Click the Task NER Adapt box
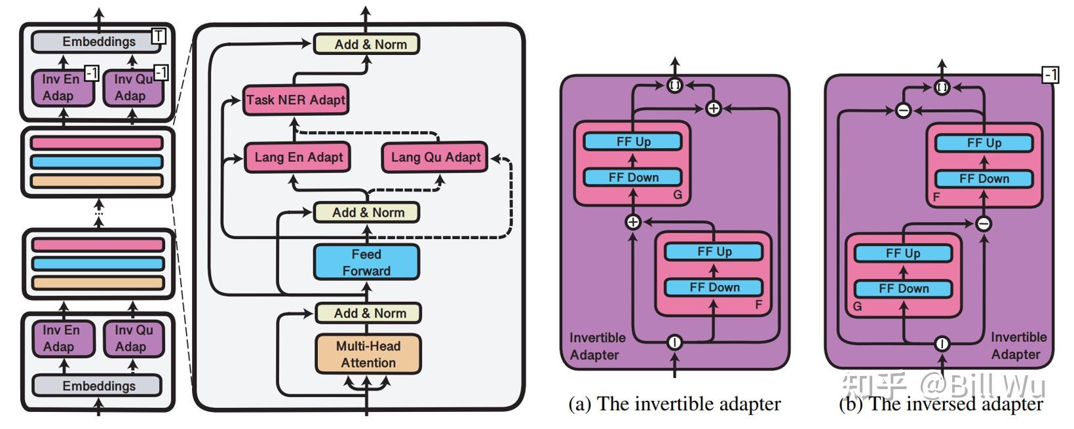295,100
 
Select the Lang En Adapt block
298,157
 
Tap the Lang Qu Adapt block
435,157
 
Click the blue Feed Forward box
366,262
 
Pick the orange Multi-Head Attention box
368,354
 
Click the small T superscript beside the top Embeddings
158,36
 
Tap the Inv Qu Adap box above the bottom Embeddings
133,339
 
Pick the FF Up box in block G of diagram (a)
633,141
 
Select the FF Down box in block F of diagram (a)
714,288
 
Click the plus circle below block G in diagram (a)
633,222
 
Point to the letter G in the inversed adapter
857,306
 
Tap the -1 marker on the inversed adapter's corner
1050,75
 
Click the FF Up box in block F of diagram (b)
984,143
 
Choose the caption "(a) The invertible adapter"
674,404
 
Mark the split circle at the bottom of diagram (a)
674,342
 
